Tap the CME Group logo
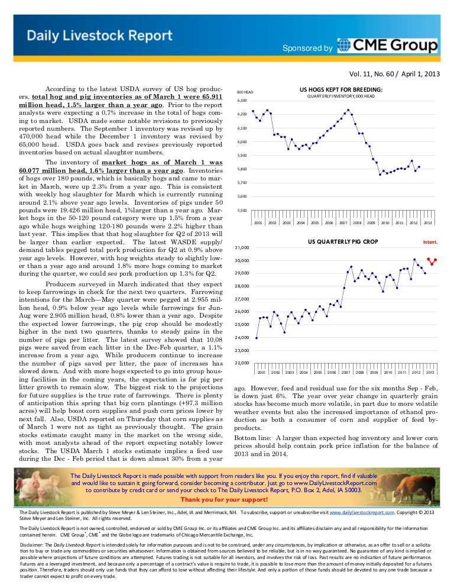(388, 46)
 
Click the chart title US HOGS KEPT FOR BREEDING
(341, 89)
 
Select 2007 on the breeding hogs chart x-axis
(343, 223)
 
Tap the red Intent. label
(430, 243)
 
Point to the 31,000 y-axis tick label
(242, 247)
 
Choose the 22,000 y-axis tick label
(242, 363)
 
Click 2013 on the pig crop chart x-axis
(430, 373)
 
